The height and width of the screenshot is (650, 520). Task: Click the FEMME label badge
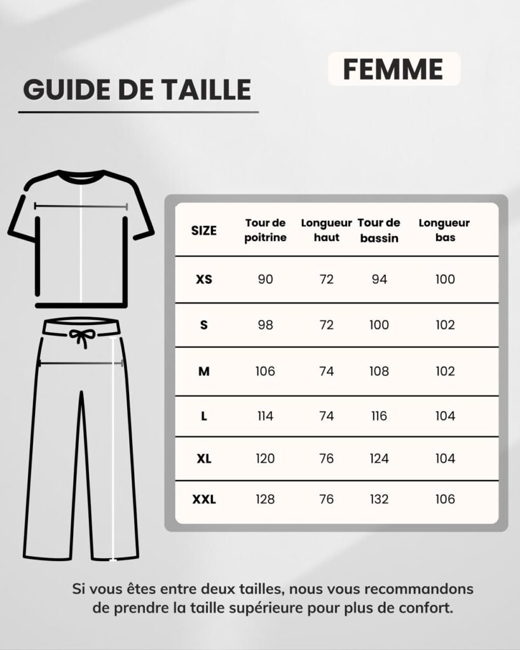pos(393,69)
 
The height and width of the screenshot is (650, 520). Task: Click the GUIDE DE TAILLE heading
pos(137,90)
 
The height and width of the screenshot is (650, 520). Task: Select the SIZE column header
pos(204,230)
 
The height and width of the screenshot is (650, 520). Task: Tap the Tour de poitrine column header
pos(265,230)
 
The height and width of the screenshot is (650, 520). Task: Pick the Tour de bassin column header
pos(379,230)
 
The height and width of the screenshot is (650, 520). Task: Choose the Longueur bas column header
pos(444,230)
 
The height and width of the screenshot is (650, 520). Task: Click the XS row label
pos(204,279)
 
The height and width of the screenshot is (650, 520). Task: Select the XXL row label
pos(204,500)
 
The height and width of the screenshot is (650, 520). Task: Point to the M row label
pos(204,371)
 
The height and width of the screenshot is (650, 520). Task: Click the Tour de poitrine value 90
pos(265,279)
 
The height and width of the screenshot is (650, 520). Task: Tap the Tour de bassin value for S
pos(379,325)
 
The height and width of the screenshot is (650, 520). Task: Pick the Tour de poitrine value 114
pos(265,416)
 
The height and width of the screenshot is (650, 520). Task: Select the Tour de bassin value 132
pos(379,500)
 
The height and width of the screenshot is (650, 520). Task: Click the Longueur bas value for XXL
pos(446,500)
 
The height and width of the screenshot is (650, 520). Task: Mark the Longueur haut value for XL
pos(326,458)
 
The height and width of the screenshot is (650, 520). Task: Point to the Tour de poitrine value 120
pos(265,458)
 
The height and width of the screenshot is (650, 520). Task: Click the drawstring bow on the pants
pos(81,337)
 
